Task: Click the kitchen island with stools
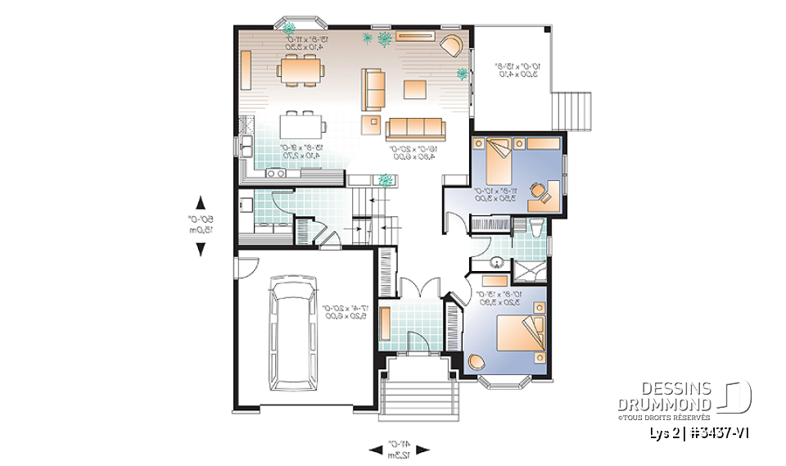(x=302, y=125)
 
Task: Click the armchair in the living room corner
(x=451, y=44)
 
